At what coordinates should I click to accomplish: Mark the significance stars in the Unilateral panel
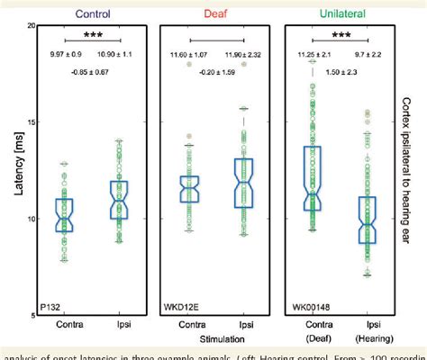coord(339,38)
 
